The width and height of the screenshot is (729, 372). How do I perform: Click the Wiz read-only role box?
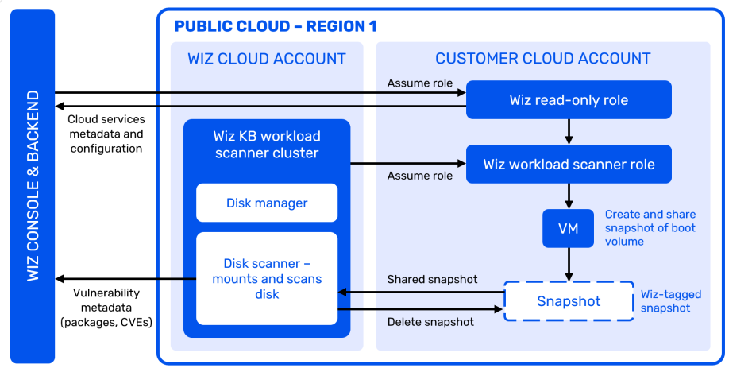pos(569,100)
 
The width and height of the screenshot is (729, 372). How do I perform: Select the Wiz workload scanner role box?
pos(569,165)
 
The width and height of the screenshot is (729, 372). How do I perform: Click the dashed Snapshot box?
pos(569,301)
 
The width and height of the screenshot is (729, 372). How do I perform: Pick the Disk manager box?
pos(267,203)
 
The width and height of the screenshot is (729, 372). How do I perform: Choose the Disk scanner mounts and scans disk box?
pos(267,278)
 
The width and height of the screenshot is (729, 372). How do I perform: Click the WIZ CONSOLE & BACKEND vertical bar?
pos(33,185)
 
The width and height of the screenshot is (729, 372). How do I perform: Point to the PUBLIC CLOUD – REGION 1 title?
pos(275,26)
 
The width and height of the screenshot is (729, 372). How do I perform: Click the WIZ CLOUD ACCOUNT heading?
pos(267,59)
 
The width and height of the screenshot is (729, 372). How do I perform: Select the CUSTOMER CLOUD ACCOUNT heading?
pos(542,59)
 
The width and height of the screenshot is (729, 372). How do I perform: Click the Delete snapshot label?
pos(430,322)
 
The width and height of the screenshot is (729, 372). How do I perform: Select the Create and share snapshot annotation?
pos(650,228)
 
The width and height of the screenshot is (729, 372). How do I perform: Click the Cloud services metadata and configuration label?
pos(106,134)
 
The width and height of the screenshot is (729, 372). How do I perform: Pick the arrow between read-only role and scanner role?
pos(569,130)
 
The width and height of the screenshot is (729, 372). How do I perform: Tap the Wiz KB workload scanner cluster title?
pos(267,143)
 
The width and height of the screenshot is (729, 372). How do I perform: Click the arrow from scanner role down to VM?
pos(569,196)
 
